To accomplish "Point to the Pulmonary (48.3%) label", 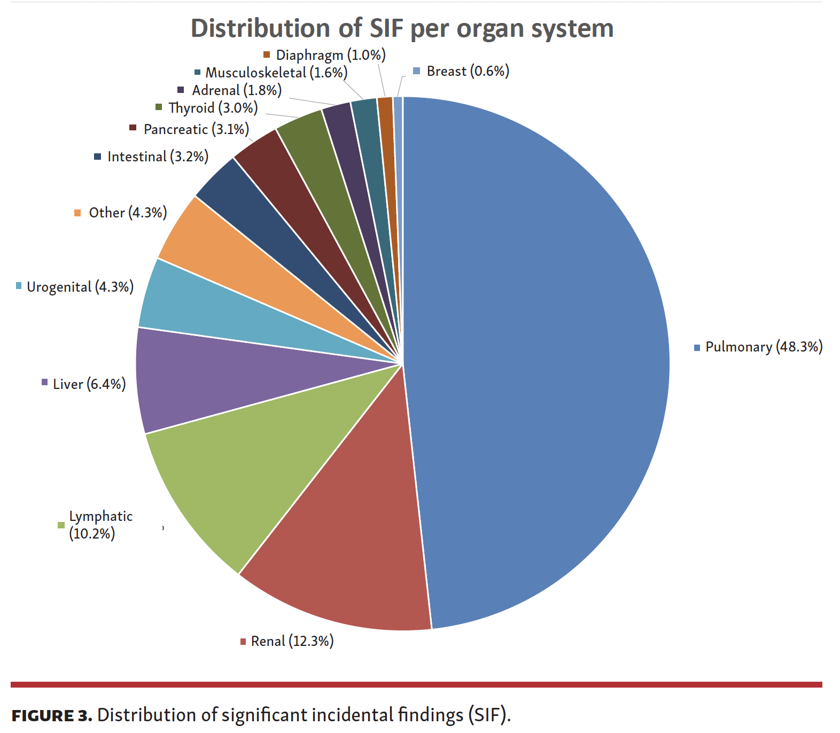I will [764, 347].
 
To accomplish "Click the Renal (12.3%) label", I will [292, 641].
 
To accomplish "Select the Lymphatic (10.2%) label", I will [100, 525].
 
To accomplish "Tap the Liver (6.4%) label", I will [89, 384].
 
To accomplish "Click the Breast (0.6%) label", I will [468, 71].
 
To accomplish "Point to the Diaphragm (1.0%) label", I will [330, 55].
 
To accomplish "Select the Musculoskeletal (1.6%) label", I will [276, 73].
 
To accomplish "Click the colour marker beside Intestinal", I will [97, 157].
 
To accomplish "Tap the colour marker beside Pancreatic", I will [133, 128].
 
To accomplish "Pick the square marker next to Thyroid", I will [159, 107].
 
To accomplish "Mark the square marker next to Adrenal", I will [181, 90].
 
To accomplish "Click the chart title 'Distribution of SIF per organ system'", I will [402, 28].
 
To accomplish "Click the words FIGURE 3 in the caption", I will [52, 715].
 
